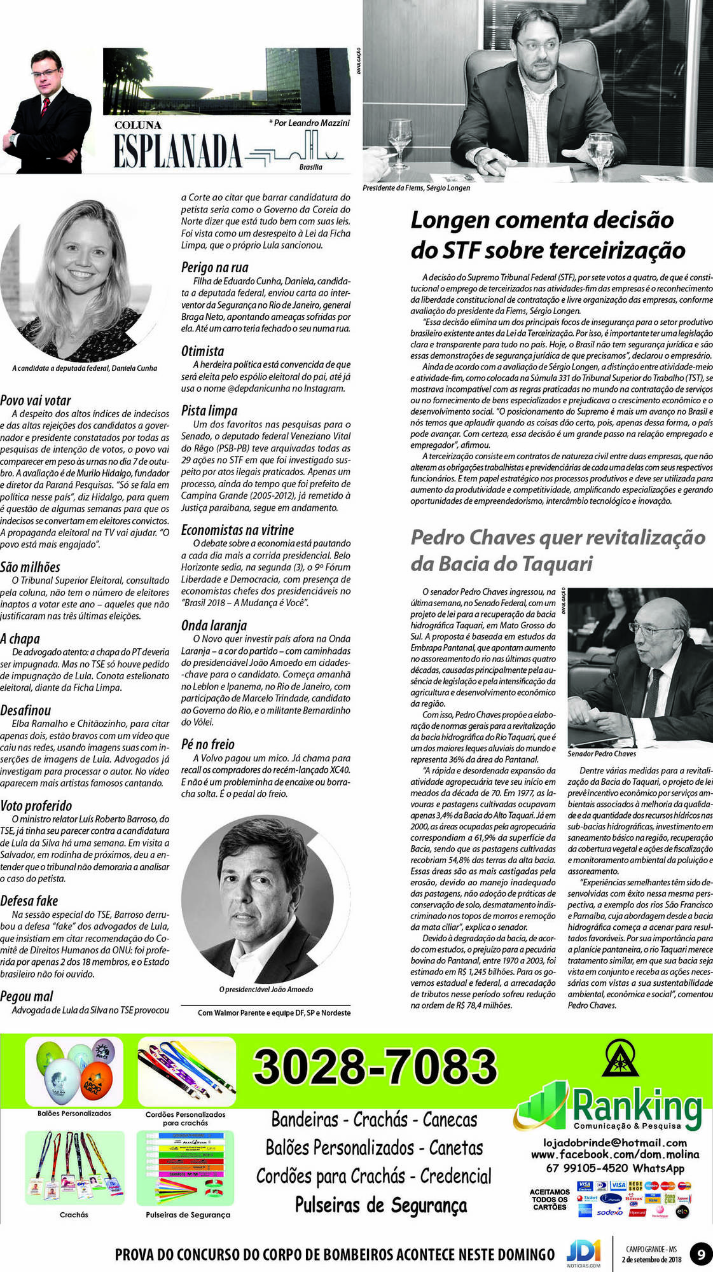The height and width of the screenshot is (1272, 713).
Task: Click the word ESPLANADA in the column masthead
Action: coord(177,151)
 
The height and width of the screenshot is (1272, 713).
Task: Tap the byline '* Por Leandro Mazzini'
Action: coord(309,123)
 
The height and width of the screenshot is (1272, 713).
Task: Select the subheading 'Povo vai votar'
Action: coord(36,401)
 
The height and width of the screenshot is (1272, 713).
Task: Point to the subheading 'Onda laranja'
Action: coord(214,626)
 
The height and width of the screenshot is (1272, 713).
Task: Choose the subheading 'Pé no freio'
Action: coord(208,744)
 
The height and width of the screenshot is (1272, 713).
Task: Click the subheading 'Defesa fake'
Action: coord(29,901)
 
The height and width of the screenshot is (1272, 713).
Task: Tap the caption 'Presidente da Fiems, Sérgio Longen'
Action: coord(417,188)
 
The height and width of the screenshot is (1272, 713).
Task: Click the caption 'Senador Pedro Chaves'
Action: coord(602,754)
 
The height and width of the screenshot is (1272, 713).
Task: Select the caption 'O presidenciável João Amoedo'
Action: coord(266,990)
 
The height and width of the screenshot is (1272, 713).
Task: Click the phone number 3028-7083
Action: coord(375,1067)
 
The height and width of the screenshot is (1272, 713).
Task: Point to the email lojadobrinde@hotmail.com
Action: coord(614,1143)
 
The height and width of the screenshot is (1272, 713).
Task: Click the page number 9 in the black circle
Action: coord(701,1255)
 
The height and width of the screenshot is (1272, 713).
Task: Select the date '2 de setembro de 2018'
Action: coord(651,1259)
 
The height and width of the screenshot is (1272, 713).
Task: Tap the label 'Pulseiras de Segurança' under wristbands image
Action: coord(188,1215)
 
